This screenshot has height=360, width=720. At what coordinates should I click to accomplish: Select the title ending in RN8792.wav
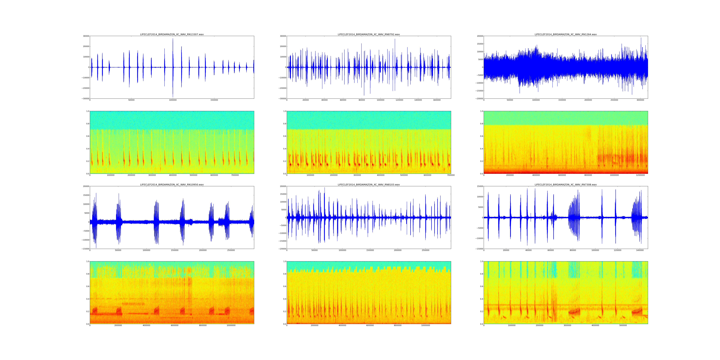click(369, 34)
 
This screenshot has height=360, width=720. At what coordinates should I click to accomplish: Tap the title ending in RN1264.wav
click(566, 34)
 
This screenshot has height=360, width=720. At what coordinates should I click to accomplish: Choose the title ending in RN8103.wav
click(369, 185)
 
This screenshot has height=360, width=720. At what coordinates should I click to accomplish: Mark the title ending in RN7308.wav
click(566, 185)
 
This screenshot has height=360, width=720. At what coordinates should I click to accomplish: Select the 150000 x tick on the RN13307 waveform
click(214, 100)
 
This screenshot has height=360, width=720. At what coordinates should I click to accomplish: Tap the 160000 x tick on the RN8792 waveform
click(437, 100)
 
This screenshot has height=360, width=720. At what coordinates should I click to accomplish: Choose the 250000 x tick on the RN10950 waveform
click(231, 250)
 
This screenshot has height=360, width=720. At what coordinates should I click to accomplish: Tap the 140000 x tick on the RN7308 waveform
click(640, 250)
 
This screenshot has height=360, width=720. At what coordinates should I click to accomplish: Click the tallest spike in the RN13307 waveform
click(173, 39)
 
